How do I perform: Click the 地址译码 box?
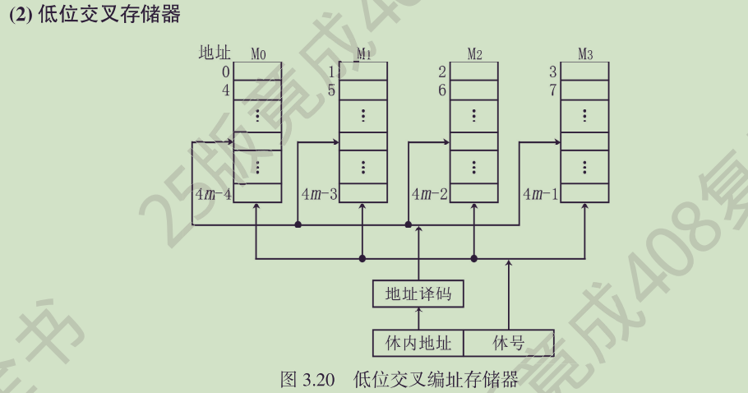[x=418, y=293]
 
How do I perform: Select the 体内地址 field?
[x=418, y=342]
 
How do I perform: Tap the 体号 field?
[x=508, y=342]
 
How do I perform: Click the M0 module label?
[x=258, y=54]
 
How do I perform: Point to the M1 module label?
[x=364, y=54]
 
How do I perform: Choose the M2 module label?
[x=474, y=54]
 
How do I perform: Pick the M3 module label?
[x=585, y=54]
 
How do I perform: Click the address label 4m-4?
[x=213, y=195]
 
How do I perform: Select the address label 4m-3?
[x=320, y=195]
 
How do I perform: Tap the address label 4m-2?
[x=430, y=195]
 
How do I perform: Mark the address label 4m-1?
[x=540, y=195]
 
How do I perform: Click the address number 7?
[x=552, y=90]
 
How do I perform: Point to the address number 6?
[x=442, y=90]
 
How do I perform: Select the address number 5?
[x=331, y=90]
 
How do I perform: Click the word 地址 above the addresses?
[x=215, y=53]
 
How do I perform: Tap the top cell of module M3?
[x=585, y=72]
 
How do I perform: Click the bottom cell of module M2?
[x=474, y=194]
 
